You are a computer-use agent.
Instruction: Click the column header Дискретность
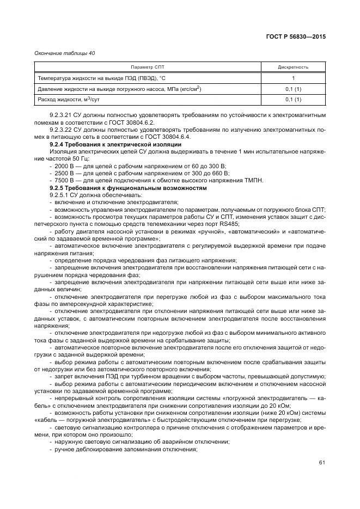(293, 67)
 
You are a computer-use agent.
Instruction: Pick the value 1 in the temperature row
(293, 78)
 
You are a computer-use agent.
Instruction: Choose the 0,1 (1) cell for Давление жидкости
(293, 89)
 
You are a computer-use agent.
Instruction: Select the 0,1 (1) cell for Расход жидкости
(293, 100)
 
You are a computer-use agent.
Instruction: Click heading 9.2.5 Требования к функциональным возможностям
(128, 188)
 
